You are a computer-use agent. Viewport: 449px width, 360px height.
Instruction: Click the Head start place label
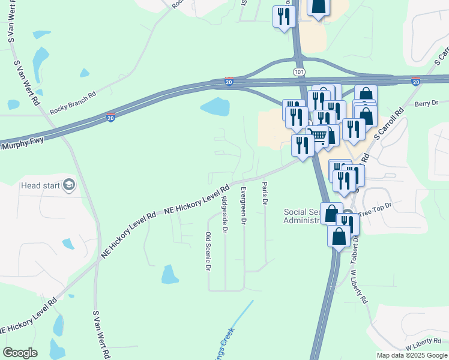[41, 185]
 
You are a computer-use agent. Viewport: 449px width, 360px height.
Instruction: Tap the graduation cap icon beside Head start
[69, 185]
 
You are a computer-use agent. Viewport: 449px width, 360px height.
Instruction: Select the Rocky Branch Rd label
[73, 103]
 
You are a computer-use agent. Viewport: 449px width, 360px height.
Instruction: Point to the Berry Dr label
[427, 103]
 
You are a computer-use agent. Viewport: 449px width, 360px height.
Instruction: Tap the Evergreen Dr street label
[243, 205]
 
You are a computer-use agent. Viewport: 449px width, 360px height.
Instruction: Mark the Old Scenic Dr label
[208, 251]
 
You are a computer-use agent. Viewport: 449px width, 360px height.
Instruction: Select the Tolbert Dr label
[355, 247]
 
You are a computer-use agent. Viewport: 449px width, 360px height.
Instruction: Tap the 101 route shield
[299, 71]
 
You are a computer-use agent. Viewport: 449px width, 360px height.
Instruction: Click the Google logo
[20, 353]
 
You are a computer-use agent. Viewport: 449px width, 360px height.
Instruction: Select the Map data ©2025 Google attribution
[412, 355]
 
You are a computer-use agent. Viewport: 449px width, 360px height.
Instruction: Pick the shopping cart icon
[318, 135]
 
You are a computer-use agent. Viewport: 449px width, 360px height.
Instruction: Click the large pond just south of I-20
[215, 107]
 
